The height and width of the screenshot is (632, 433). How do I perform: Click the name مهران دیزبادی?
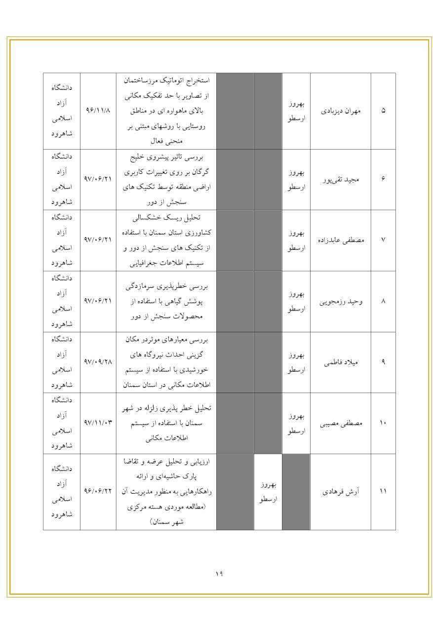341,111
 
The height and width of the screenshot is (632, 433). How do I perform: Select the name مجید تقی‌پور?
340,179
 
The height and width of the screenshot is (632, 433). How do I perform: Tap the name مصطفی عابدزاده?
340,240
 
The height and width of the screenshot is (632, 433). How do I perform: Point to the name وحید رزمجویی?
340,301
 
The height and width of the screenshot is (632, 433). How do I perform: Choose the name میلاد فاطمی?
340,362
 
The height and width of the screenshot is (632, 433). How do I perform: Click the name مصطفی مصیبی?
340,423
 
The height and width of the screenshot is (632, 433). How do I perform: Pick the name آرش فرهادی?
340,492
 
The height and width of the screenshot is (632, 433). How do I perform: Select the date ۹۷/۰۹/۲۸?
98,362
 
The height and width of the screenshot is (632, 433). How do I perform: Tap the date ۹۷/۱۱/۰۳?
98,423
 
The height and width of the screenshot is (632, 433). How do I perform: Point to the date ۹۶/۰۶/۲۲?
98,492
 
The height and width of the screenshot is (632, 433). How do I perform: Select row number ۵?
383,111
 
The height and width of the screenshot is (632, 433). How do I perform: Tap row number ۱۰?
383,423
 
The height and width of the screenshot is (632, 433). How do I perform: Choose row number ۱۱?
383,492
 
